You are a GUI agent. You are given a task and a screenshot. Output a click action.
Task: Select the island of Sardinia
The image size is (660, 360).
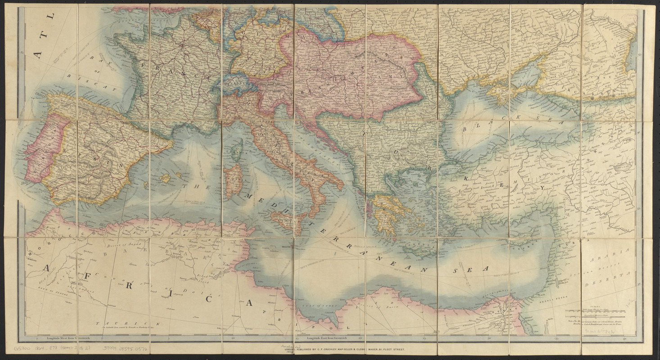(234, 180)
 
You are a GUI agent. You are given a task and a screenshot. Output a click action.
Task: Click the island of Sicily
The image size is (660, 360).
(290, 221)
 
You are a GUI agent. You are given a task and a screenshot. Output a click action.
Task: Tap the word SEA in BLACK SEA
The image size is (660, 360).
(548, 122)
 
